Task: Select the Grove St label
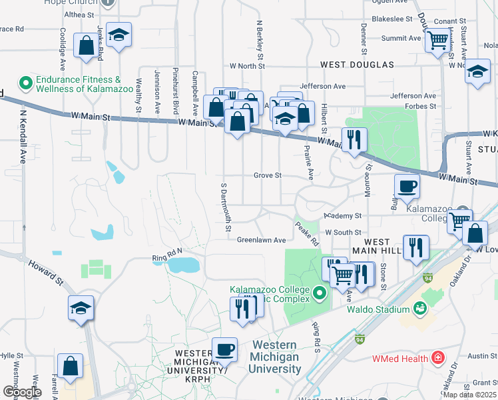pyautogui.click(x=268, y=175)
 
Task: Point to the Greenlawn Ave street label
pyautogui.click(x=261, y=240)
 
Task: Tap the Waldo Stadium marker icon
pyautogui.click(x=419, y=309)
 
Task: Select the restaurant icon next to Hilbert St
pyautogui.click(x=354, y=139)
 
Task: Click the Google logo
pyautogui.click(x=22, y=392)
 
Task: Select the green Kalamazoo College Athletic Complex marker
pyautogui.click(x=320, y=293)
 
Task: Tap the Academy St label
pyautogui.click(x=342, y=216)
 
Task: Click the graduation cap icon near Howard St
pyautogui.click(x=81, y=307)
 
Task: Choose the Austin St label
pyautogui.click(x=479, y=356)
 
